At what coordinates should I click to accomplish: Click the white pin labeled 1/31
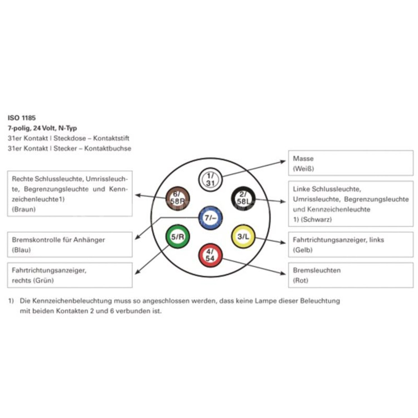[x=210, y=179]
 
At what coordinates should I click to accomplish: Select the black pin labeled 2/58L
[x=243, y=198]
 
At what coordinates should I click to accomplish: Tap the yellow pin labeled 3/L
[x=243, y=237]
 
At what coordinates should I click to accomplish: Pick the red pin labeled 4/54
[x=210, y=255]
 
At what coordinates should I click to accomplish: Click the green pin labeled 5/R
[x=178, y=237]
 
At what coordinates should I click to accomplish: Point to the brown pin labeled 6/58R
[x=178, y=198]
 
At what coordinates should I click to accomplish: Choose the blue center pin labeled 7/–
[x=210, y=218]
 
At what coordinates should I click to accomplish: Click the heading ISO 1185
[x=22, y=118]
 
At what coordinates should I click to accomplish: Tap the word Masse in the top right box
[x=303, y=159]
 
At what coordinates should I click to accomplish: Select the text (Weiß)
[x=303, y=169]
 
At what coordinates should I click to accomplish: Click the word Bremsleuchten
[x=317, y=270]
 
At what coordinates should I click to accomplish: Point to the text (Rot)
[x=300, y=280]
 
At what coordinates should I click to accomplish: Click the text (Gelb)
[x=303, y=250]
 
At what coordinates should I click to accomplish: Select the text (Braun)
[x=24, y=209]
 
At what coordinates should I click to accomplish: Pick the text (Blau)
[x=21, y=250]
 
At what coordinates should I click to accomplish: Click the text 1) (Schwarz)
[x=312, y=220]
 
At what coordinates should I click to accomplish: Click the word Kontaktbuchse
[x=108, y=149]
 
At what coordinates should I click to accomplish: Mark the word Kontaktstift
[x=111, y=138]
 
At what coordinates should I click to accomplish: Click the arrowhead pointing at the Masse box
[x=283, y=161]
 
